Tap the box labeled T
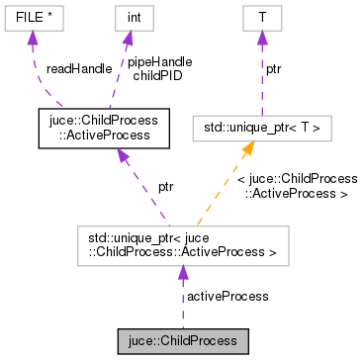pos(261,17)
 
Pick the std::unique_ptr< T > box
pos(262,128)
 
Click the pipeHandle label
pos(159,61)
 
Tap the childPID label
pos(153,75)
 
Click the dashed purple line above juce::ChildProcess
pos(182,307)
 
